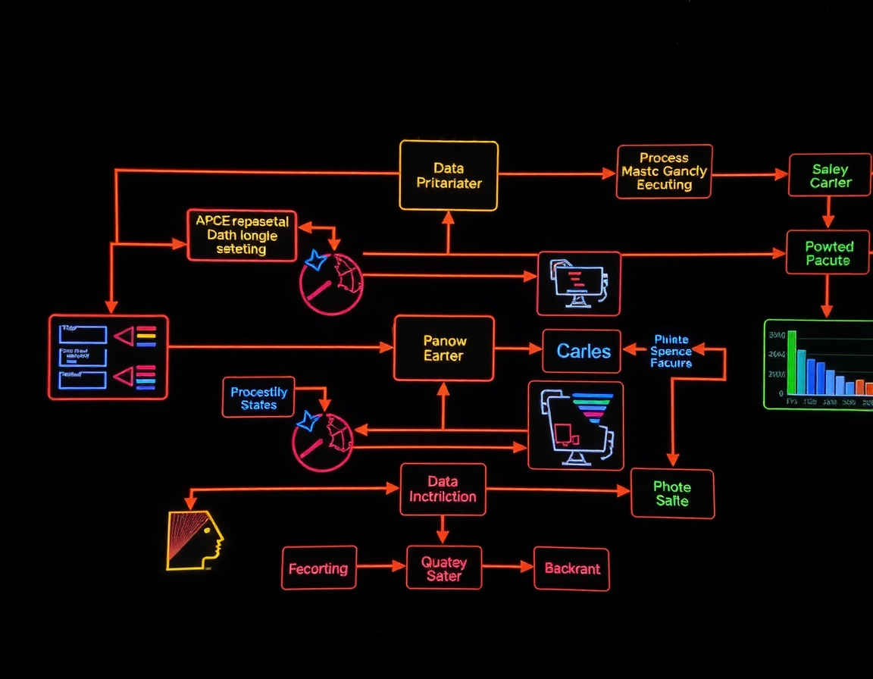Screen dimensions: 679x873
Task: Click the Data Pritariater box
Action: coord(449,175)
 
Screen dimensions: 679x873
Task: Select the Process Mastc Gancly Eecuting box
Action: coord(664,171)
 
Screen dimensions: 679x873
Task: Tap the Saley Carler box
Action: coord(830,176)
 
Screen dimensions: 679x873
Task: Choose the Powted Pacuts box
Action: coord(828,253)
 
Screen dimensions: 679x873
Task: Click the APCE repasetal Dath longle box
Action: coord(242,235)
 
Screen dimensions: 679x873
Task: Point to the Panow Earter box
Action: coord(443,349)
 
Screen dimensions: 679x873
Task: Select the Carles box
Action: coord(583,351)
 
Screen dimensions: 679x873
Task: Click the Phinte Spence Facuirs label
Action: coord(671,352)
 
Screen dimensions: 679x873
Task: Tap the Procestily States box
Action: coord(258,398)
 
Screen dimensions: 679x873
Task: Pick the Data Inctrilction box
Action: coord(443,490)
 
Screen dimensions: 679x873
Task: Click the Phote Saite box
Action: coord(672,493)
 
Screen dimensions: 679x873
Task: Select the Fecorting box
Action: coord(318,568)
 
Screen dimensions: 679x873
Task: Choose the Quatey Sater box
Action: coord(444,568)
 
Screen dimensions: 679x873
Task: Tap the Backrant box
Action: coord(571,568)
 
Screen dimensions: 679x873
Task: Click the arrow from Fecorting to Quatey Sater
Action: coord(381,566)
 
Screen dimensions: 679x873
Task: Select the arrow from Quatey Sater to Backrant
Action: coord(508,566)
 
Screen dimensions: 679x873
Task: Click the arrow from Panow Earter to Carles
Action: coord(518,349)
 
